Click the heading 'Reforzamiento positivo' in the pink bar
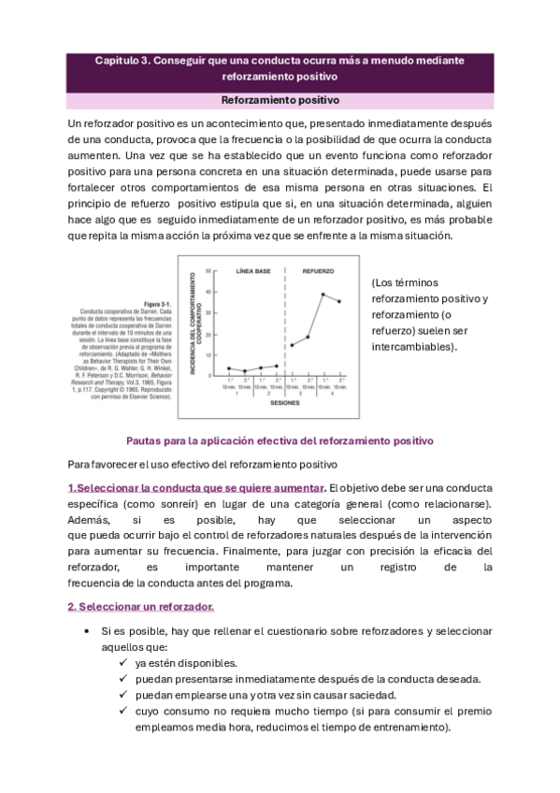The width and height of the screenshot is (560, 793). pos(280,99)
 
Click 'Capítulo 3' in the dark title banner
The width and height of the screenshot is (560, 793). pos(126,61)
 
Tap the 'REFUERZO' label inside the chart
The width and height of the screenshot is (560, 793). pos(318,271)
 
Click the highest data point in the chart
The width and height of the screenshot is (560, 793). pos(323,295)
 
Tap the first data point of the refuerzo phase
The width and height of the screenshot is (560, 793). pos(292,345)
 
